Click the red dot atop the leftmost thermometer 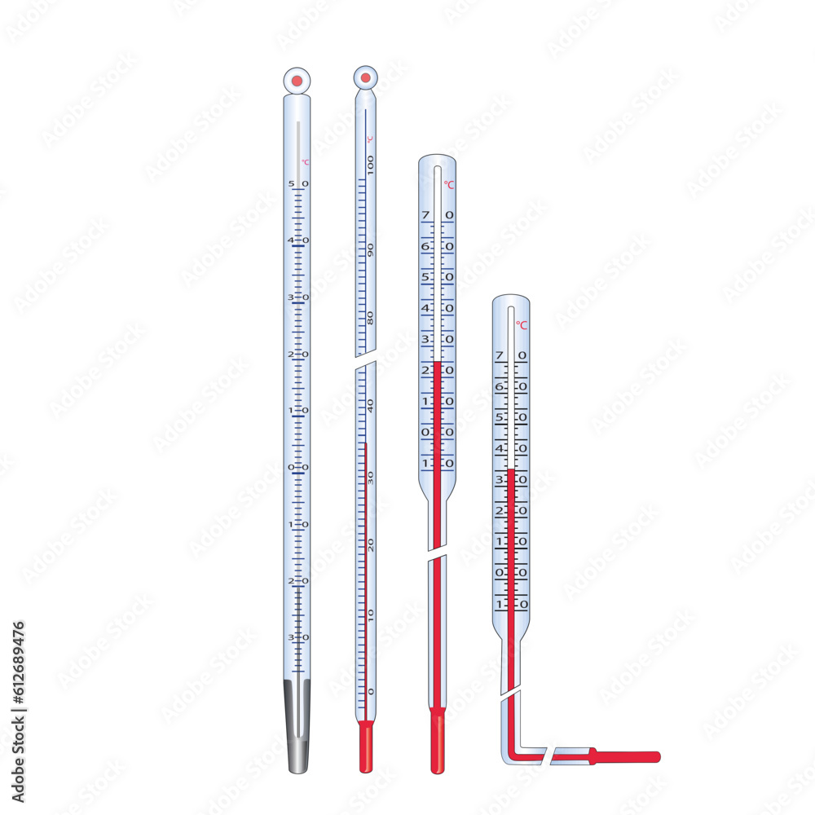pos(297,80)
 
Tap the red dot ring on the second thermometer pos(366,77)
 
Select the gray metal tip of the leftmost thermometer pos(297,725)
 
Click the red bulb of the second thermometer pos(366,747)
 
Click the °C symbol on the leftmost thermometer pos(305,162)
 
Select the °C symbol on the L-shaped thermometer pos(522,324)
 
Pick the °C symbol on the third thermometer pos(449,185)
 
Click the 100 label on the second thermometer pos(371,165)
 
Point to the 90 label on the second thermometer pos(371,249)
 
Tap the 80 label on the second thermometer pos(371,318)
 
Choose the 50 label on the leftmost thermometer pos(298,184)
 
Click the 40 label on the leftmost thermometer pos(298,240)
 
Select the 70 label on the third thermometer pos(438,215)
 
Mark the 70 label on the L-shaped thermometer pos(511,356)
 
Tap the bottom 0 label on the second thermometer pos(371,691)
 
